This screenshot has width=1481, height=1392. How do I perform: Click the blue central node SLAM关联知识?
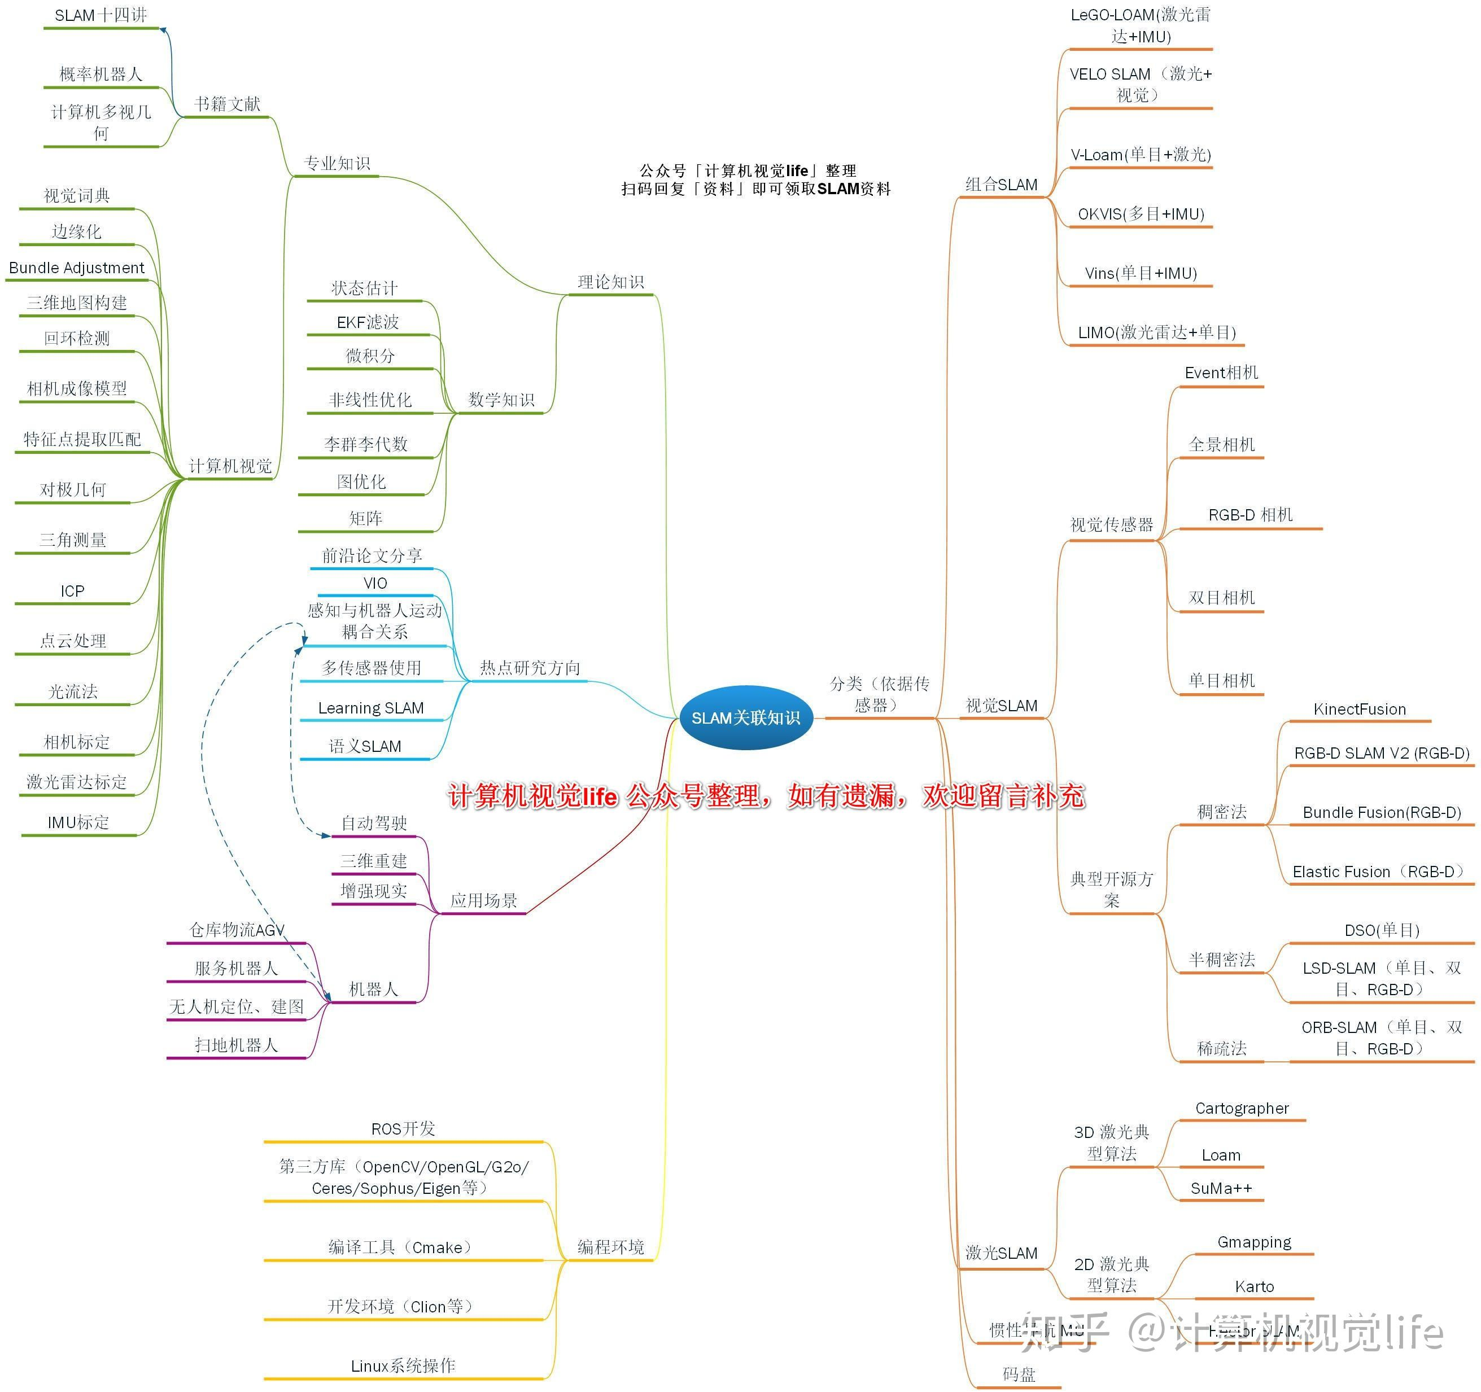pos(746,717)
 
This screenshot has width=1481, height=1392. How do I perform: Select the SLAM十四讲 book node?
pos(101,16)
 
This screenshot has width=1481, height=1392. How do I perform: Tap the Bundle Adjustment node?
pos(77,268)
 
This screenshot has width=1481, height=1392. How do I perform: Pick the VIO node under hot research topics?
pos(375,583)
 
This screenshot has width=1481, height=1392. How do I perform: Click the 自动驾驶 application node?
pos(373,823)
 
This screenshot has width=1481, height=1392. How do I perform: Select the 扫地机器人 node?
pos(236,1045)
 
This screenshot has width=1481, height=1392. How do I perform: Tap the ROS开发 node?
pos(403,1128)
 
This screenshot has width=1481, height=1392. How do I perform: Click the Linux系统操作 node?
pos(403,1365)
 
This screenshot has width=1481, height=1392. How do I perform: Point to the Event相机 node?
pos(1221,373)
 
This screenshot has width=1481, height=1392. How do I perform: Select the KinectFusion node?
pos(1359,709)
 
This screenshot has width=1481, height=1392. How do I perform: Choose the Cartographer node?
pos(1241,1108)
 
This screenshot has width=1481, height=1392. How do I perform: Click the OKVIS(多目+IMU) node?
pos(1141,215)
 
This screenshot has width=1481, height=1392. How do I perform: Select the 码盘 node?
pos(1019,1374)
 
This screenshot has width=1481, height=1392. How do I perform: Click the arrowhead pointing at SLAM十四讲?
pos(163,30)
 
